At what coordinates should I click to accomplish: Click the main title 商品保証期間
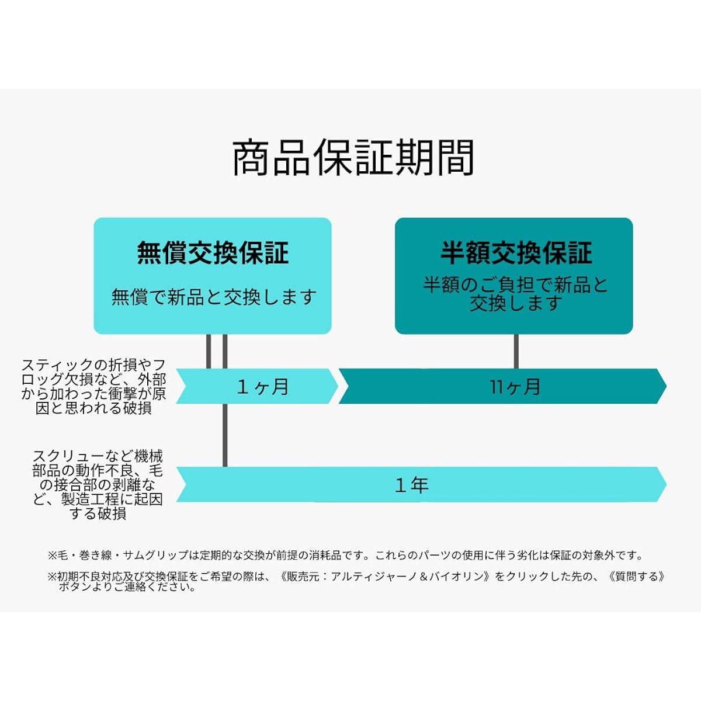point(353,158)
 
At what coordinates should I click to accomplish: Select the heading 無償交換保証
point(213,253)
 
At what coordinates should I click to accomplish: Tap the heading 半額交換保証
point(516,253)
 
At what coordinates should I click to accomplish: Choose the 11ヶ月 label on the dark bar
point(515,386)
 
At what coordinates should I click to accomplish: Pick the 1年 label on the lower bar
point(412,485)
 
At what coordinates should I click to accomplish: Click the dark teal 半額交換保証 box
point(514,276)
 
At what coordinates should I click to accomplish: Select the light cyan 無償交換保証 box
point(213,276)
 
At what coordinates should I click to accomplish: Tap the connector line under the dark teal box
point(516,352)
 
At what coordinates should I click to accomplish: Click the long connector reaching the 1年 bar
point(225,401)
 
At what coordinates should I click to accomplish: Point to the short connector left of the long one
point(209,352)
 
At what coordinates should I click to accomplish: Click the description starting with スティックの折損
point(93,386)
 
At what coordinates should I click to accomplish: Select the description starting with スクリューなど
point(98,485)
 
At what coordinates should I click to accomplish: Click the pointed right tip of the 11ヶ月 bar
point(666,386)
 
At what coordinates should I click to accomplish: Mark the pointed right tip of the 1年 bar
point(666,484)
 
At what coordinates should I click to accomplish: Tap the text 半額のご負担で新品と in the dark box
point(515,285)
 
